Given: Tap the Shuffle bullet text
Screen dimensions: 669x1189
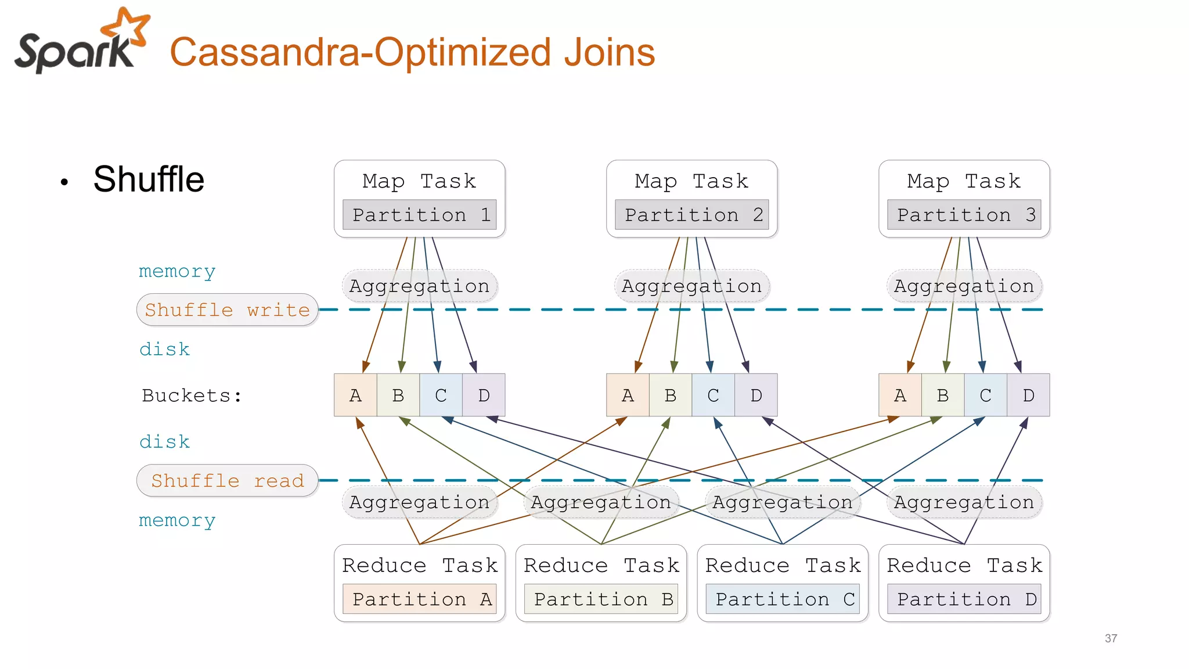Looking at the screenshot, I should tap(149, 179).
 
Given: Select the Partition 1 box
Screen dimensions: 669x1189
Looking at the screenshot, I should tap(419, 215).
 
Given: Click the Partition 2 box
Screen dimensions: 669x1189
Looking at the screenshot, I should tap(691, 215).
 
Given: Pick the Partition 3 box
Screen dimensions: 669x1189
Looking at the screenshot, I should tap(964, 215).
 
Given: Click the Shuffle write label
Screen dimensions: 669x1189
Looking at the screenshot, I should tap(227, 310).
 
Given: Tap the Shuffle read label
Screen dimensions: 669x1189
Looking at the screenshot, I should tap(227, 480).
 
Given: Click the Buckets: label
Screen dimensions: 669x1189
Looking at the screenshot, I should tap(192, 395).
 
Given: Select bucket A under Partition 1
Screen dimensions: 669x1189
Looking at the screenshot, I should tap(355, 395).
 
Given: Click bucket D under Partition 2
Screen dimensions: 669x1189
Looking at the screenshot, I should tap(756, 395).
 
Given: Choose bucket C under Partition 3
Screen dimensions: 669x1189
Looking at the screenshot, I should tap(985, 395).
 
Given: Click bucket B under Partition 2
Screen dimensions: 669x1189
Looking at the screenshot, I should tap(670, 395).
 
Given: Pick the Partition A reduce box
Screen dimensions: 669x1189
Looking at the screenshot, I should tap(419, 599).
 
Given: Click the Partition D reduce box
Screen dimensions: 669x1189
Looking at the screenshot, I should tap(964, 599).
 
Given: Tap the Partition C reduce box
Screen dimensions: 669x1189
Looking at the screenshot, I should tap(782, 599).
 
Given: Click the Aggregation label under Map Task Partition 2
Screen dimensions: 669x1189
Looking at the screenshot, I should tap(691, 286).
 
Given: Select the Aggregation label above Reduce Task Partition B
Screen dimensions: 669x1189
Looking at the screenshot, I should tap(601, 502).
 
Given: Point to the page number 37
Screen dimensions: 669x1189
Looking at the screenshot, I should tap(1111, 638).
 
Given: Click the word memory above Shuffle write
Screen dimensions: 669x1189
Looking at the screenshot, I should tap(177, 271).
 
